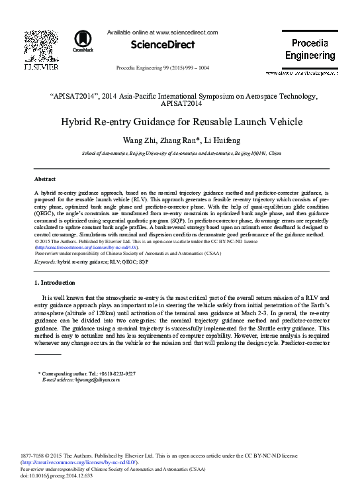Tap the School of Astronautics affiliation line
tap(181, 153)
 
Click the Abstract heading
tap(44, 179)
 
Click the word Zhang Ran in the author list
tap(190, 140)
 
